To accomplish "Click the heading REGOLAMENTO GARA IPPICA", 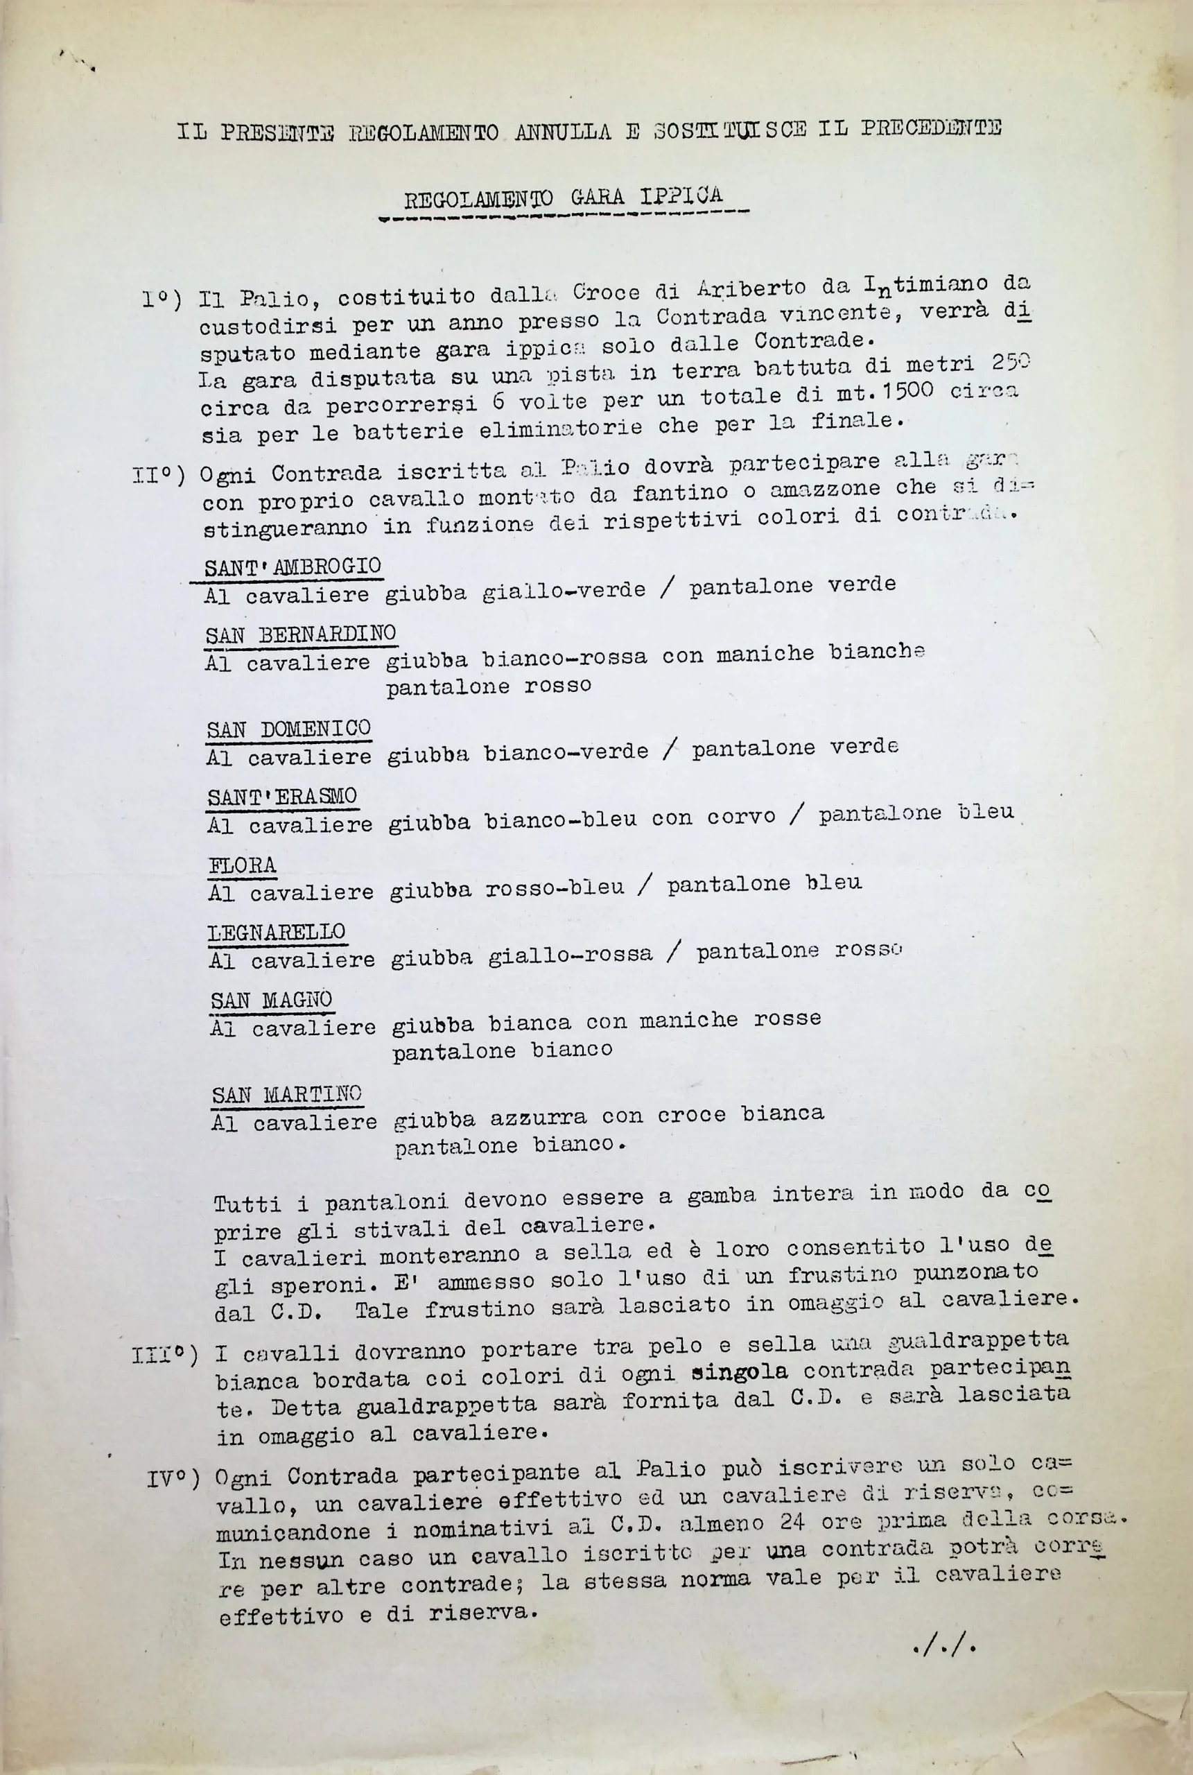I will (x=562, y=198).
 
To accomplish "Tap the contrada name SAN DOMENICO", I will (x=288, y=729).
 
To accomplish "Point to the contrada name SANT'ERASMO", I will (x=282, y=797).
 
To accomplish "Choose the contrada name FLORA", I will (x=243, y=865).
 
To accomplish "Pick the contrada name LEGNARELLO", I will (x=277, y=932).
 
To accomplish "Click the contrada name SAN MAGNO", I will (x=272, y=1000).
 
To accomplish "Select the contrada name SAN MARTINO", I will (x=287, y=1095).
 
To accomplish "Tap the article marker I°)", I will (x=162, y=300).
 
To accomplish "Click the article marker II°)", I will (x=159, y=476).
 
